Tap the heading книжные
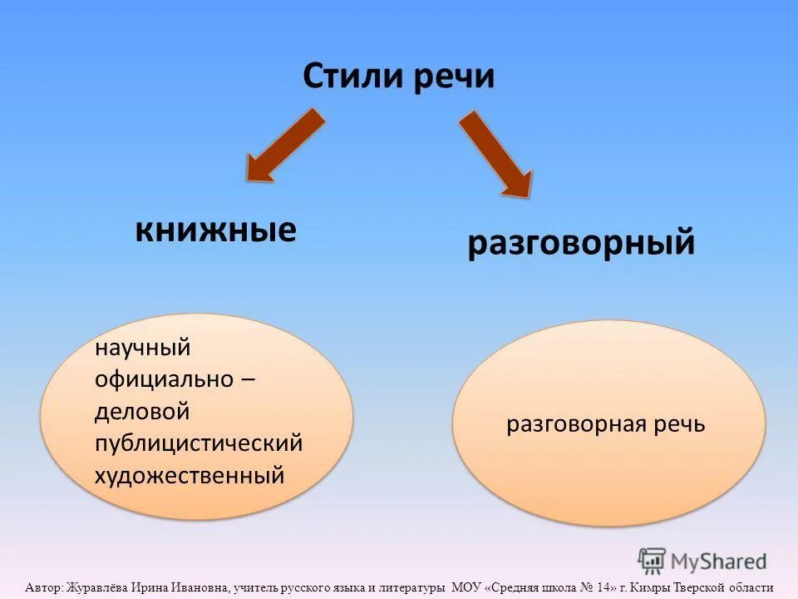coord(215,230)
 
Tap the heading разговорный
coord(580,244)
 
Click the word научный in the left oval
coord(143,348)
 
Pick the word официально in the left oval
coord(164,379)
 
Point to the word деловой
coord(142,412)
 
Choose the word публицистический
coord(199,443)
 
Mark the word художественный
coord(190,475)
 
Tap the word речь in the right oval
coord(678,424)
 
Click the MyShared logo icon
coord(652,562)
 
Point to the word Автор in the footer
coord(43,587)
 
